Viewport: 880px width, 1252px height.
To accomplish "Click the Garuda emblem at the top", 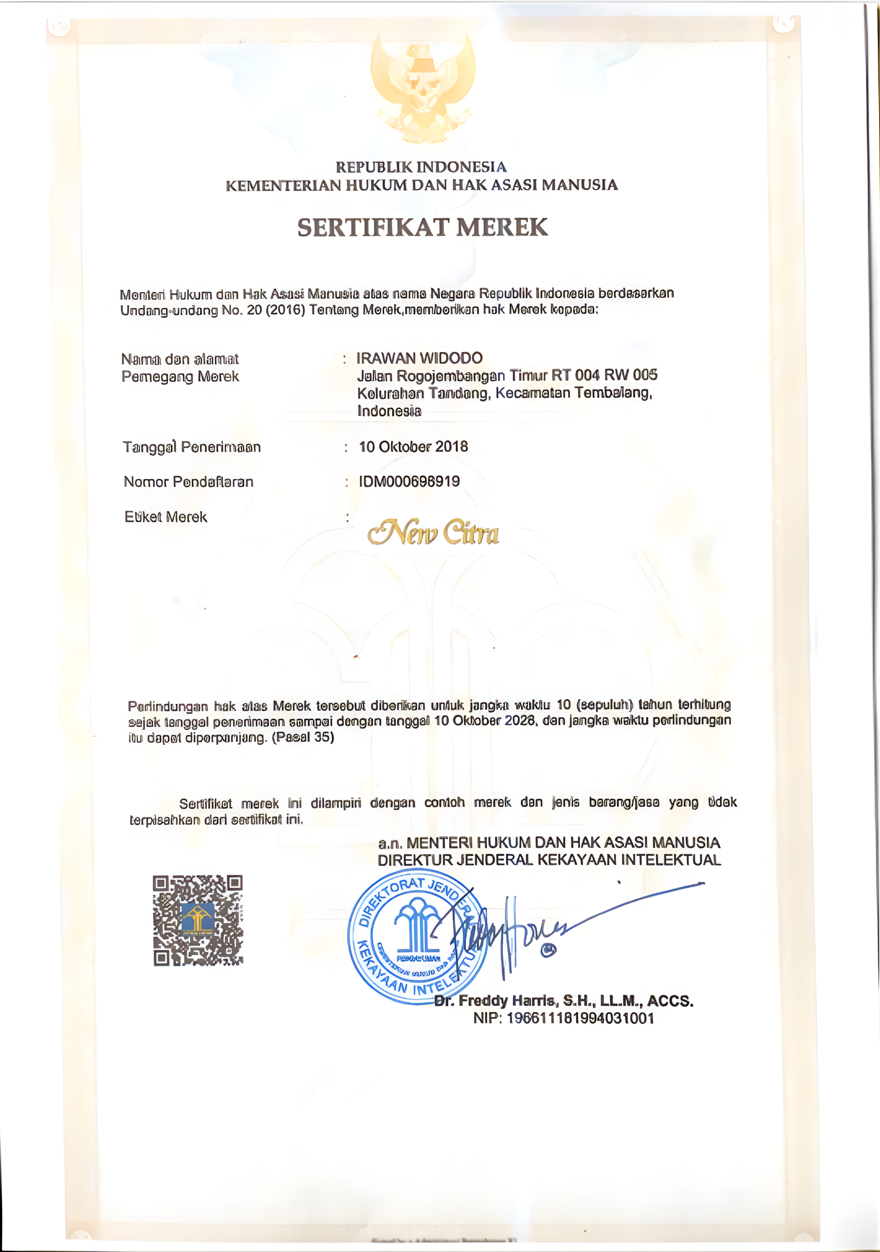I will pyautogui.click(x=422, y=88).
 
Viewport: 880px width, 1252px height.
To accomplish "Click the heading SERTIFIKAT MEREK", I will pyautogui.click(x=422, y=227).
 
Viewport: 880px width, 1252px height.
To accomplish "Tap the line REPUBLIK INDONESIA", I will pyautogui.click(x=421, y=167).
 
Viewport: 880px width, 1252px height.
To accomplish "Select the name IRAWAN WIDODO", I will pyautogui.click(x=419, y=358).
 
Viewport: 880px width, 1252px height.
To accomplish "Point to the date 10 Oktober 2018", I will pyautogui.click(x=413, y=447).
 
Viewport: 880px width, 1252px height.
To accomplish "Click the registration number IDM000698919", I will pyautogui.click(x=409, y=481).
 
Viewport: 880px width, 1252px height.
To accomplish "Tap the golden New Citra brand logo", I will pyautogui.click(x=433, y=532).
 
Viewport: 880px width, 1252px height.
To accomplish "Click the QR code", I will pyautogui.click(x=198, y=920).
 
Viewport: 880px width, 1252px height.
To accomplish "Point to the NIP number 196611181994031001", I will pyautogui.click(x=580, y=1018).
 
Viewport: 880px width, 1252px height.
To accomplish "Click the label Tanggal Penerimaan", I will pyautogui.click(x=191, y=447).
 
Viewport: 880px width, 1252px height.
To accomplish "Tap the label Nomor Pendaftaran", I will pyautogui.click(x=189, y=482).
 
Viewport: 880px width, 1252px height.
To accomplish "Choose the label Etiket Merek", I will pyautogui.click(x=166, y=517).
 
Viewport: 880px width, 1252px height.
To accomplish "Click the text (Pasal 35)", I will pyautogui.click(x=303, y=737).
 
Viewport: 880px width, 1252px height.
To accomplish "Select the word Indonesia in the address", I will pyautogui.click(x=389, y=411).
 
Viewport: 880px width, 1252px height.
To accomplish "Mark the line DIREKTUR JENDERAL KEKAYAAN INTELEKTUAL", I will pyautogui.click(x=549, y=860).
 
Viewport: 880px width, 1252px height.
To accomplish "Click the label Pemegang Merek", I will pyautogui.click(x=180, y=377).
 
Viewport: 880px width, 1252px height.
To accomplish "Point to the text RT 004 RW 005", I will pyautogui.click(x=604, y=375).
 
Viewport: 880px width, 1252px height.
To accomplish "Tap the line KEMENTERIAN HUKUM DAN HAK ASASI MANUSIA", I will pyautogui.click(x=421, y=185).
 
